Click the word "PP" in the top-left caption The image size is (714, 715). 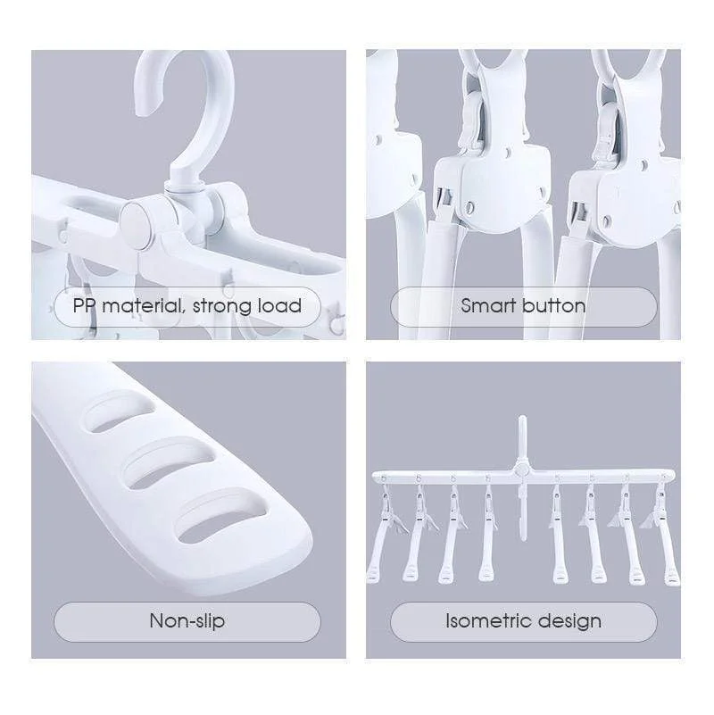click(83, 305)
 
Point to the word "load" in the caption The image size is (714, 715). click(279, 305)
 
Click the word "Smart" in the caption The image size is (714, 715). click(488, 305)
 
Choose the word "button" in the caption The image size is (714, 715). click(553, 305)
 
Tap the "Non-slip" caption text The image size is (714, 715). click(187, 621)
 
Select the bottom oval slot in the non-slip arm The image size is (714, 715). click(221, 518)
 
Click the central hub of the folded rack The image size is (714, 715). click(521, 469)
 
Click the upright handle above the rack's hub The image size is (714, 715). click(522, 438)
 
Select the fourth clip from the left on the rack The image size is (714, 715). click(488, 534)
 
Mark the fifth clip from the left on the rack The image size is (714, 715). click(557, 535)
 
